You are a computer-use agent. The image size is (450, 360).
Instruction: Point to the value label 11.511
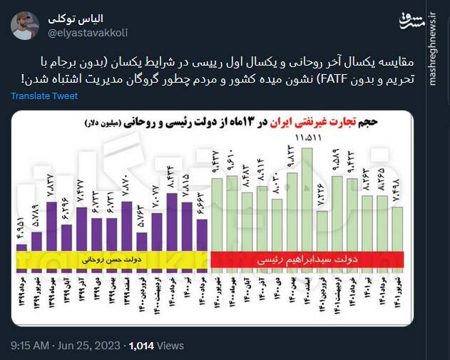[311, 137]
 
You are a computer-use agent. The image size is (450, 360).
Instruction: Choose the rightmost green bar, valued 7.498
[398, 228]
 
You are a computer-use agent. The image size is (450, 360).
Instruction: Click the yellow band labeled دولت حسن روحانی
[114, 262]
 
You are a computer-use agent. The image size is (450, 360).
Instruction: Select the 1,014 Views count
[156, 346]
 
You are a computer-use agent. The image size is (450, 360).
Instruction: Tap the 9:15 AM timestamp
[29, 346]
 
